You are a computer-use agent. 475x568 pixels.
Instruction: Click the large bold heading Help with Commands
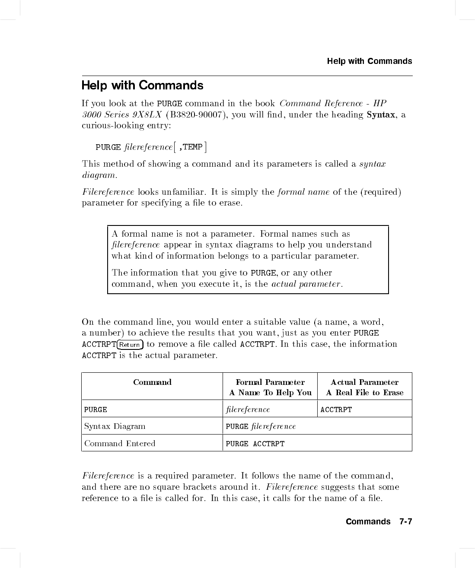coord(142,86)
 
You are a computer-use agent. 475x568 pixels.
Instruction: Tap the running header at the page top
coord(369,61)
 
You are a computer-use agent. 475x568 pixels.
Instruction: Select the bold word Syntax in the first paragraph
coord(380,114)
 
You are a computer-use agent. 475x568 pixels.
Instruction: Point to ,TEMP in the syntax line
coord(190,147)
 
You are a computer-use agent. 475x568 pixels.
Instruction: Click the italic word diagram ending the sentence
coord(99,175)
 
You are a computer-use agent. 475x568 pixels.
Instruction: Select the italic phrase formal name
coord(303,192)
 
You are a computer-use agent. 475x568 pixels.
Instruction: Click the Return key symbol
coord(130,345)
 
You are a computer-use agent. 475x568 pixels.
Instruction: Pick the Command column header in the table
coord(152,382)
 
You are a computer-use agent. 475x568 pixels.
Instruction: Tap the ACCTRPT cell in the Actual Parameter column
coord(336,409)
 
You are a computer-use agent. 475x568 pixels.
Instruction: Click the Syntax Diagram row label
coord(115,426)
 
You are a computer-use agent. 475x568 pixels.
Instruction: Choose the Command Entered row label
coord(120,444)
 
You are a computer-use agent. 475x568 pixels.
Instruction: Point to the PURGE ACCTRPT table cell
coord(255,444)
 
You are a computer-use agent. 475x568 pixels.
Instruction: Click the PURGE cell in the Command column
coord(96,409)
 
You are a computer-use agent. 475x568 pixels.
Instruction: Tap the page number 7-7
coord(405,522)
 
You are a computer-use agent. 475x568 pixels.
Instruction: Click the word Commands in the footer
coord(368,522)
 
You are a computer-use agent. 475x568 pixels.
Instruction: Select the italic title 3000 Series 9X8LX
coord(122,114)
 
